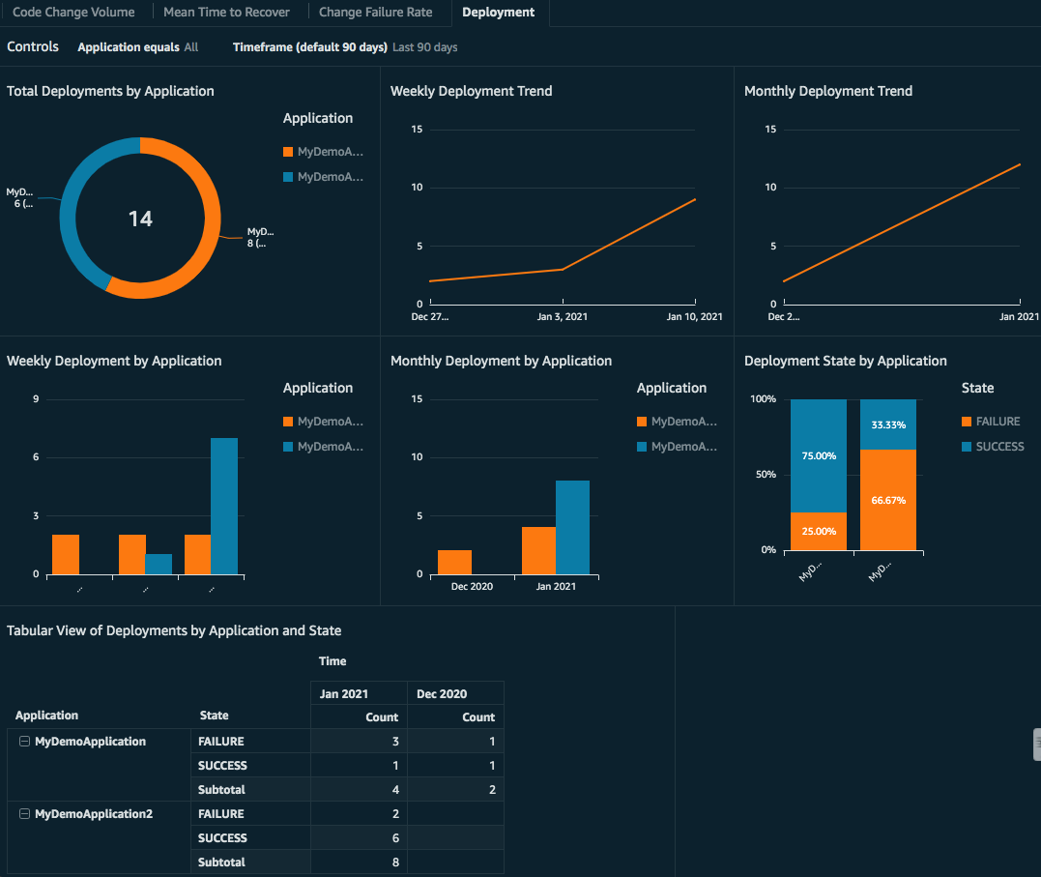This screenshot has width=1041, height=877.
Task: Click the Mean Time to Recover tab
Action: [x=226, y=13]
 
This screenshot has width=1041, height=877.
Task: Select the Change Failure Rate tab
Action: [x=375, y=13]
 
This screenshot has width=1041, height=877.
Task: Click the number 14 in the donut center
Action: [x=140, y=219]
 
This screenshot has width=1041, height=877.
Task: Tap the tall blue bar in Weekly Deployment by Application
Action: [x=224, y=506]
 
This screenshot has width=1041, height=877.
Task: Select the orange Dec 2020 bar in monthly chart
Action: [x=454, y=562]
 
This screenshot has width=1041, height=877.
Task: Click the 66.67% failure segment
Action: [x=888, y=500]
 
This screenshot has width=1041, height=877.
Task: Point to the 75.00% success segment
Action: [x=819, y=455]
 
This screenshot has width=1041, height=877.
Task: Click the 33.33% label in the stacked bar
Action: [x=888, y=424]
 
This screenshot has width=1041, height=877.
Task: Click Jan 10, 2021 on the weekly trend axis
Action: [x=696, y=316]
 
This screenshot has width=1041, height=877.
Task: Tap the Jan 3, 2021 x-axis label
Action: [x=563, y=316]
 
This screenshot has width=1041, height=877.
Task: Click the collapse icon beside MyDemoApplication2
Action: [x=25, y=814]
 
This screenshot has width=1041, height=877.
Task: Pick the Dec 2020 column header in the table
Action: [x=442, y=693]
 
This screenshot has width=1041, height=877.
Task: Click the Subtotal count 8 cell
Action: [x=359, y=862]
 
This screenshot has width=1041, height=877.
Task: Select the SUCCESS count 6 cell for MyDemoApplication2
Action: [x=359, y=837]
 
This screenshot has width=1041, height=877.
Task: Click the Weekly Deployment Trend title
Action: [x=471, y=91]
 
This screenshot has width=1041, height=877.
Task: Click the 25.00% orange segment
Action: [x=819, y=531]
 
